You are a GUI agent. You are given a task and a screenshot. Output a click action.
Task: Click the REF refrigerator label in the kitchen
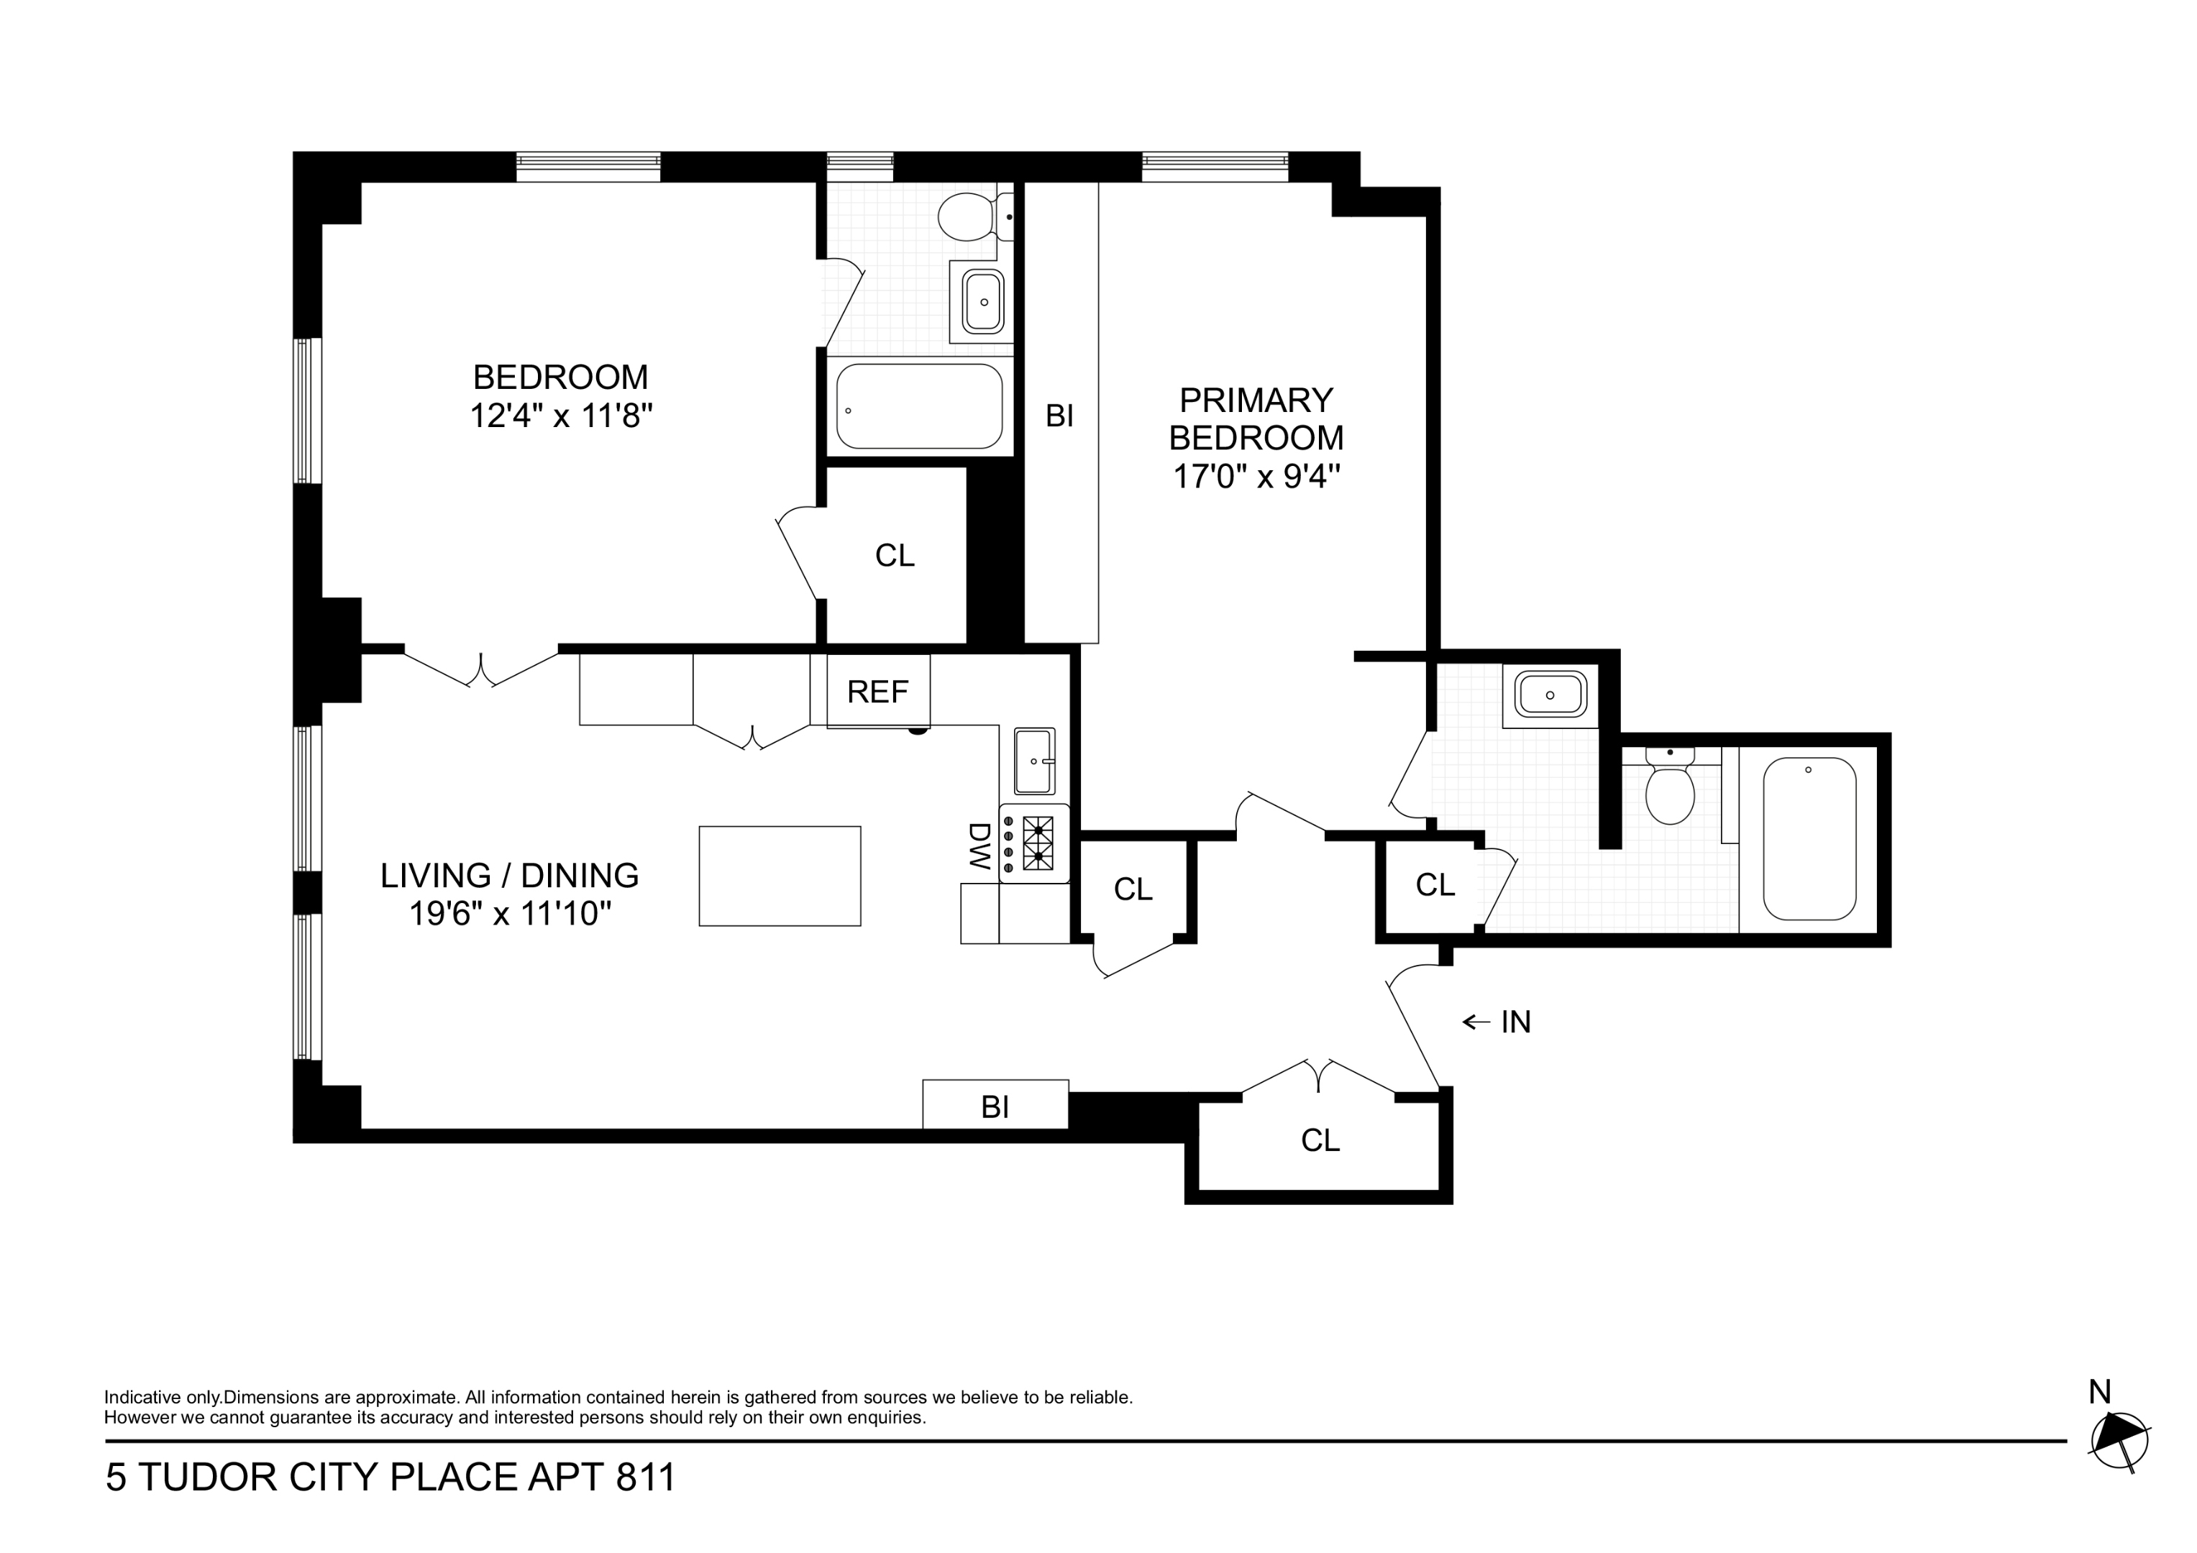point(877,691)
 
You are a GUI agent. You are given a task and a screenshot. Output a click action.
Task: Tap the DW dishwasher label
point(978,846)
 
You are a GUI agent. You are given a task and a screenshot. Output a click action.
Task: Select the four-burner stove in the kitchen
point(1034,843)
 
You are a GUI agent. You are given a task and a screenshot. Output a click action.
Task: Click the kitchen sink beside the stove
point(1033,761)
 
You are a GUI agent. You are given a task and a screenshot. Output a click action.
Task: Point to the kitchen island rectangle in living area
point(779,876)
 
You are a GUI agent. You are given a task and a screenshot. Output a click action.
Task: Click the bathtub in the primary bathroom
point(1809,838)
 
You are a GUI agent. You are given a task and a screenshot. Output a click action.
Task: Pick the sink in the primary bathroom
point(1549,695)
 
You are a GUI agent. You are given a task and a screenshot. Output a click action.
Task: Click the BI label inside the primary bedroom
point(1059,416)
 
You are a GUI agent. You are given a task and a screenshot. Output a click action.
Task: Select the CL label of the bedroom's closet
point(895,555)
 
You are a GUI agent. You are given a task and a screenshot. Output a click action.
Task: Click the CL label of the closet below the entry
point(1320,1140)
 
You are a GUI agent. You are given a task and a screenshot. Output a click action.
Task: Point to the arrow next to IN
point(1476,1022)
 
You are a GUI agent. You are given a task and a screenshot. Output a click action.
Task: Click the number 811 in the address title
point(646,1478)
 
